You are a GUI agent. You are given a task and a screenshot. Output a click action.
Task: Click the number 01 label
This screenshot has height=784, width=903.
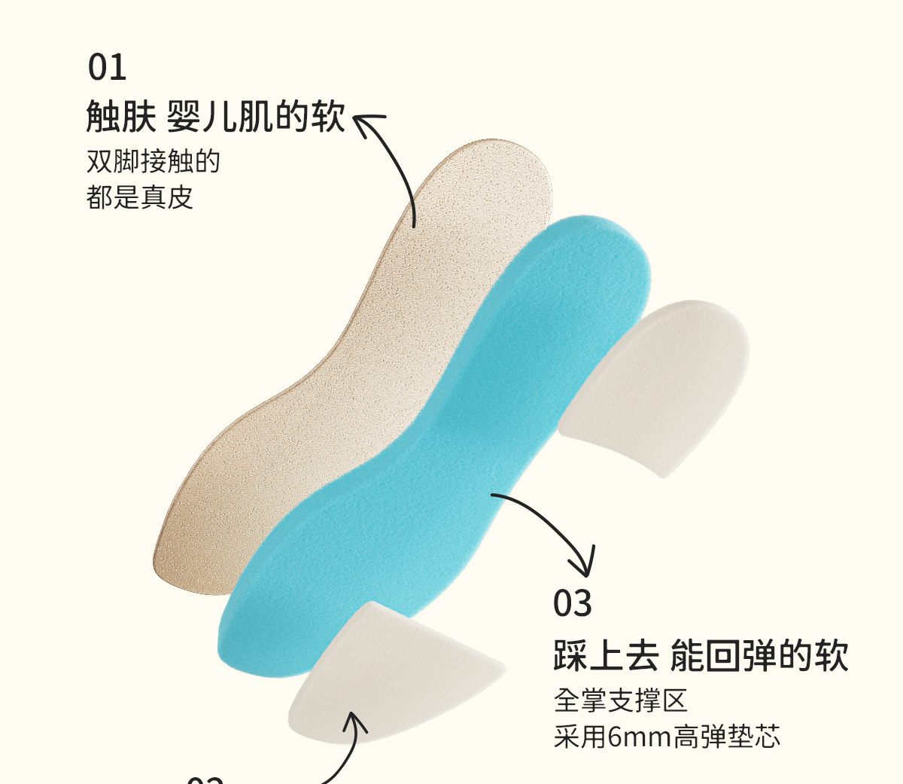(107, 68)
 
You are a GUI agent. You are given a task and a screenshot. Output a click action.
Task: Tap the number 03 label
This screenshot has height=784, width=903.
(573, 604)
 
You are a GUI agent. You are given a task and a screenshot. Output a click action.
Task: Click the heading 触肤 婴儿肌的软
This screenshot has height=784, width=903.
(216, 117)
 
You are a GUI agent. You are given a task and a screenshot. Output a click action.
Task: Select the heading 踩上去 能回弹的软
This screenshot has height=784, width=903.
(701, 654)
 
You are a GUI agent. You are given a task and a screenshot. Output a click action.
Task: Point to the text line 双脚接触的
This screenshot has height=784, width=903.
(153, 161)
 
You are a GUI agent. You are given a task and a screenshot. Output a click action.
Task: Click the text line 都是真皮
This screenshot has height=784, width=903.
(140, 197)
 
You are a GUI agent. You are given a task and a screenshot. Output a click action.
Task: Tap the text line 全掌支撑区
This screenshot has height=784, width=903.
(621, 700)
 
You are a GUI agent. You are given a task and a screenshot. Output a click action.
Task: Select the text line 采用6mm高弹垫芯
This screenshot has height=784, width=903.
(667, 736)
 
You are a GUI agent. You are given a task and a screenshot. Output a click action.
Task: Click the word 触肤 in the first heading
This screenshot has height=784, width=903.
(121, 117)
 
